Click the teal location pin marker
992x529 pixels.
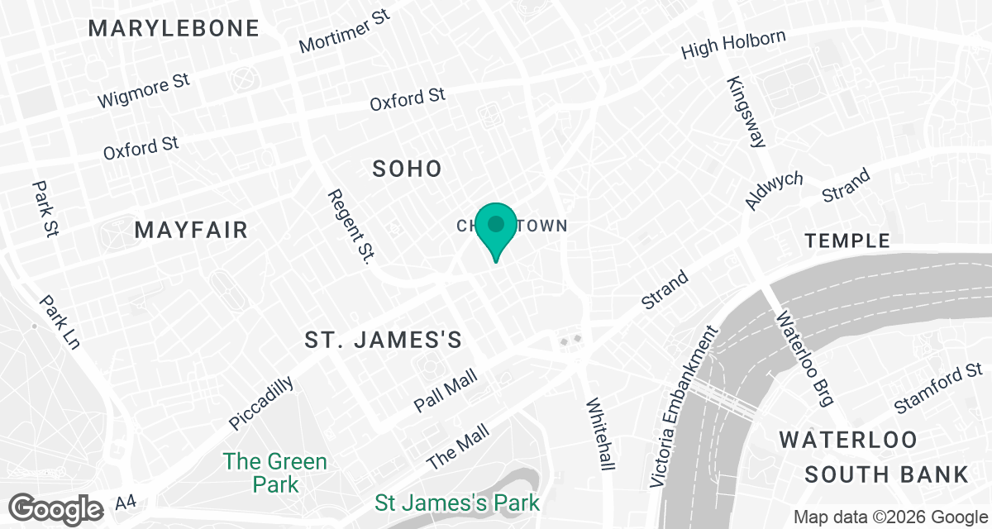[496, 229]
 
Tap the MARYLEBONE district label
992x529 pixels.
[174, 28]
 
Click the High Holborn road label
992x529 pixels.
[732, 45]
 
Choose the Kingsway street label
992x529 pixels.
[746, 112]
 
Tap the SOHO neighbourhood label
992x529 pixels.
[407, 169]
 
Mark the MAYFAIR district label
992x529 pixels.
[192, 230]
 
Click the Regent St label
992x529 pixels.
[348, 226]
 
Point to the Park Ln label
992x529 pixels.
[59, 322]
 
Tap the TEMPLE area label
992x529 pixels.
[847, 241]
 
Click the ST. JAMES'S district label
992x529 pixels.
[383, 340]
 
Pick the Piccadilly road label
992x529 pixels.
[261, 403]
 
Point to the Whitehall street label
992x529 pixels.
[600, 435]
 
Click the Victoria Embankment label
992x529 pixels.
[683, 406]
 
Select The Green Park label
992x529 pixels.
[275, 472]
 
